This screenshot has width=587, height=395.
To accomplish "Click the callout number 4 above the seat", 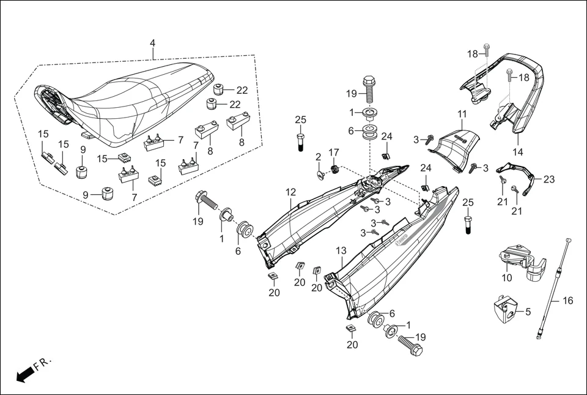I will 152,43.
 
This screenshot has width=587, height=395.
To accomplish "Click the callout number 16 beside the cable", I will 568,301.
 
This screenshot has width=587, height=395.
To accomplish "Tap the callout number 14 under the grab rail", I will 518,151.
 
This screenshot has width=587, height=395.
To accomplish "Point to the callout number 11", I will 462,114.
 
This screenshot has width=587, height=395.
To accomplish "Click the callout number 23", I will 548,179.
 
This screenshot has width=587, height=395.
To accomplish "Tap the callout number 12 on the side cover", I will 290,192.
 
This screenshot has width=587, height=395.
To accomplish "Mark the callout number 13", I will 341,251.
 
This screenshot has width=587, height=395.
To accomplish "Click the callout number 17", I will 333,152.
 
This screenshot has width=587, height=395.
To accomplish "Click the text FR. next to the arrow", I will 43,364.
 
